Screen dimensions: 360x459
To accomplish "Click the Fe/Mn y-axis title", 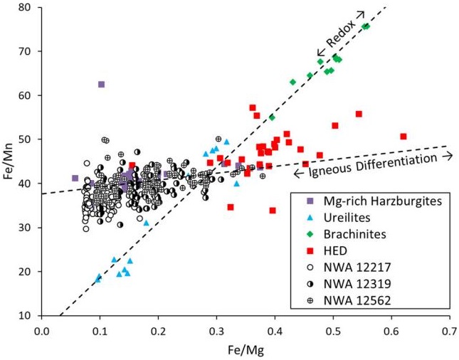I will coord(9,162).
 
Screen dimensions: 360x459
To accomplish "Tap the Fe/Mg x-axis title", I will coord(245,349).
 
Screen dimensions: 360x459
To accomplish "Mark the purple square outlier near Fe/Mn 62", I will coord(101,85).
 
